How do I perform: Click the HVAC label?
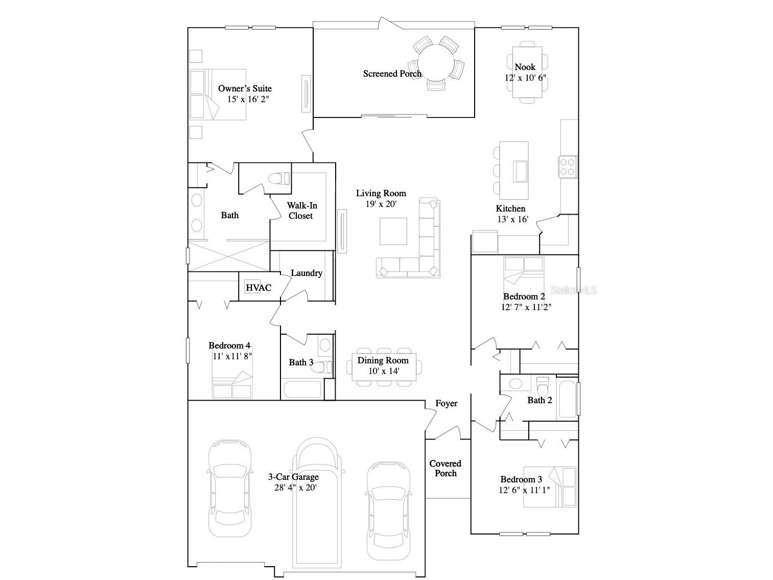click(259, 288)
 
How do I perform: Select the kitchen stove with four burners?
click(568, 166)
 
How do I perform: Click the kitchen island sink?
click(521, 171)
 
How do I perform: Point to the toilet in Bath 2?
click(542, 384)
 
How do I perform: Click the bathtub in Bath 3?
click(301, 389)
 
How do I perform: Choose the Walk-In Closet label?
click(301, 211)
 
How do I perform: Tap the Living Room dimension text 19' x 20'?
click(381, 203)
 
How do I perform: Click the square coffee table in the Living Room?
click(393, 231)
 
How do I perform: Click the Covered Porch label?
click(445, 468)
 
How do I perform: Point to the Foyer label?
click(446, 404)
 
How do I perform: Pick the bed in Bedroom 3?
click(550, 486)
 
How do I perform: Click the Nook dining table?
click(527, 72)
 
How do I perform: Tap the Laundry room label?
click(307, 273)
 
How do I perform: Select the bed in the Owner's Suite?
click(218, 95)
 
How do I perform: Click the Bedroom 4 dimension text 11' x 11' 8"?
click(232, 356)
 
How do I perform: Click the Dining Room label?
click(383, 360)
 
